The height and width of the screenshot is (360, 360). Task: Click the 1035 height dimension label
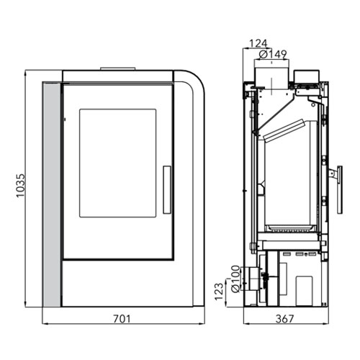click(x=20, y=186)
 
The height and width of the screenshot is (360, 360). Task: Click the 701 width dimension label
click(x=122, y=319)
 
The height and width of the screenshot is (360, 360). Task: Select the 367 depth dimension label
click(x=285, y=319)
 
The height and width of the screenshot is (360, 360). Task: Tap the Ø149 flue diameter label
click(x=273, y=55)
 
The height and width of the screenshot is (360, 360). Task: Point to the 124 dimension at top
click(x=258, y=44)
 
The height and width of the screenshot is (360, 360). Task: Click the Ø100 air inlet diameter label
click(x=236, y=279)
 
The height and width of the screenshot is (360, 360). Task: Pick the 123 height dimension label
click(x=219, y=292)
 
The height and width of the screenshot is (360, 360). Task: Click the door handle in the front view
click(x=167, y=189)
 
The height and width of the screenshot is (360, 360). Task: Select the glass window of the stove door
click(x=118, y=163)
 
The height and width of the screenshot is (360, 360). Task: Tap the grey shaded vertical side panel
click(x=52, y=195)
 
